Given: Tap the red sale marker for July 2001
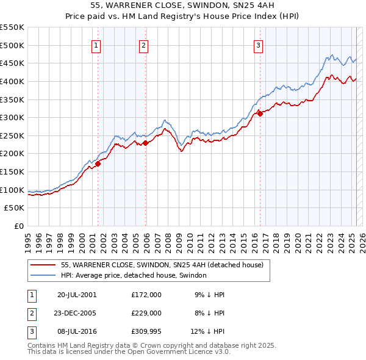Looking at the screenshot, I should tap(98, 164).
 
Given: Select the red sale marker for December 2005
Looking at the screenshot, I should tap(146, 143).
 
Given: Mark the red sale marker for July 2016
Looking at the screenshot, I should tap(260, 113).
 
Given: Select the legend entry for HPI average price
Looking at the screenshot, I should tap(134, 276).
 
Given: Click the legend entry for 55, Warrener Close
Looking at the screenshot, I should tap(162, 265).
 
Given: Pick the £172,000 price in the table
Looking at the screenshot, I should tap(146, 294).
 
